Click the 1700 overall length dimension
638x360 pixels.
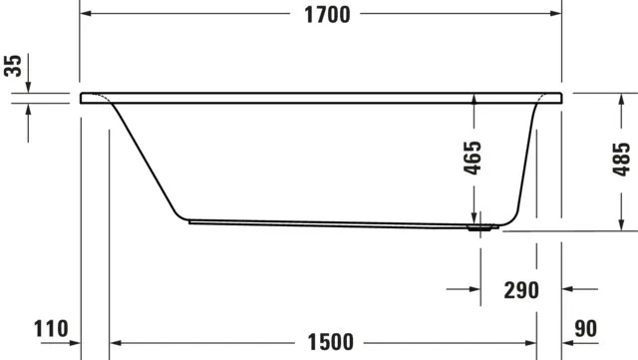click(x=321, y=14)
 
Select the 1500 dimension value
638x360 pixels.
click(x=330, y=342)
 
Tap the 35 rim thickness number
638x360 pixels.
click(x=13, y=67)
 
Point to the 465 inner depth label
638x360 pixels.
click(x=474, y=158)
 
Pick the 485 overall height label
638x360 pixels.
click(x=620, y=158)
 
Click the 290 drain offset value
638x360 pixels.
click(x=520, y=290)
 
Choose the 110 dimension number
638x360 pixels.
click(x=51, y=329)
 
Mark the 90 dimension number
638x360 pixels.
click(x=586, y=329)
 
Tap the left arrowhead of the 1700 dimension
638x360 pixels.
click(x=86, y=14)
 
